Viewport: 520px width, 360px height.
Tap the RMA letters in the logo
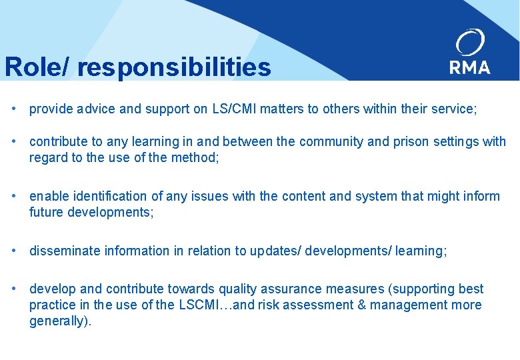coord(470,67)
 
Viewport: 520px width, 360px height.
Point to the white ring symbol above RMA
coord(470,42)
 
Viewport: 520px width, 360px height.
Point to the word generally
coord(58,321)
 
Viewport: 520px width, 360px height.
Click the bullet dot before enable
coord(14,196)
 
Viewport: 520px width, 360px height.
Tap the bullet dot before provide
coord(14,109)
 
